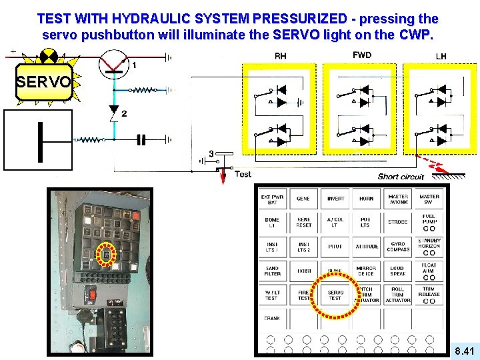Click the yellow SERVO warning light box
click(x=43, y=83)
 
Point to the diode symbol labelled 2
click(x=113, y=111)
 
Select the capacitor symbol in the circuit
click(x=141, y=140)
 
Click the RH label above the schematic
click(x=281, y=56)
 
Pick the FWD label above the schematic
click(x=362, y=55)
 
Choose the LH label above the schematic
click(x=441, y=56)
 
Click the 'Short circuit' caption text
click(x=401, y=177)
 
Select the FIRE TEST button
click(x=303, y=295)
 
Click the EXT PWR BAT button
click(x=271, y=199)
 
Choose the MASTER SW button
click(x=429, y=199)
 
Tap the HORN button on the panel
click(x=366, y=199)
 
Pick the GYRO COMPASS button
click(x=397, y=247)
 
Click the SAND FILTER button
click(x=271, y=271)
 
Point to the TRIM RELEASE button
click(x=429, y=293)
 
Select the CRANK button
click(x=271, y=319)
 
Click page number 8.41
click(x=464, y=351)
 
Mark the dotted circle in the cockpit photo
click(x=105, y=255)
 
